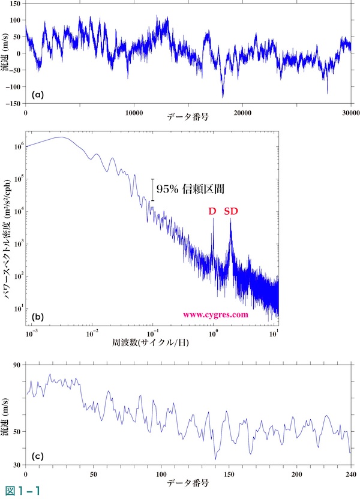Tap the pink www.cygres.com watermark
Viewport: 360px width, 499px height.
coord(215,314)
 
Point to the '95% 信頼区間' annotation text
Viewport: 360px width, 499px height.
coord(190,189)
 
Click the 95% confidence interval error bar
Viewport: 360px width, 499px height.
coord(152,190)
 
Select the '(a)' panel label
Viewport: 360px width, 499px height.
coord(37,94)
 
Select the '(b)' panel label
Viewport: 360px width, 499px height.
coord(37,317)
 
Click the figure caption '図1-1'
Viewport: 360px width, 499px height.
coord(20,491)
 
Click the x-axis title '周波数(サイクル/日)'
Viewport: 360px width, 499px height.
coord(152,347)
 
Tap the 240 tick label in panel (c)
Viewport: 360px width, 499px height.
coord(350,474)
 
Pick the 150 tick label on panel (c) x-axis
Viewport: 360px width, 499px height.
coord(229,474)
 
